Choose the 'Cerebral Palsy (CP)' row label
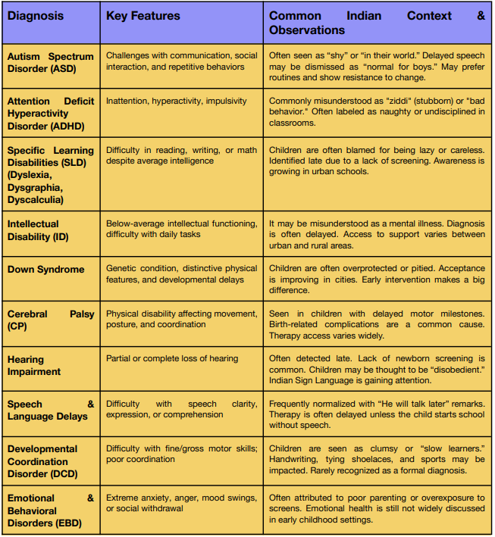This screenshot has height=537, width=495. pyautogui.click(x=51, y=320)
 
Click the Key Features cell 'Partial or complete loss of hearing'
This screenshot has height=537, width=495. pyautogui.click(x=172, y=358)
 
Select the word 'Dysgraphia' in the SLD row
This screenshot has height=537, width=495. pyautogui.click(x=36, y=188)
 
